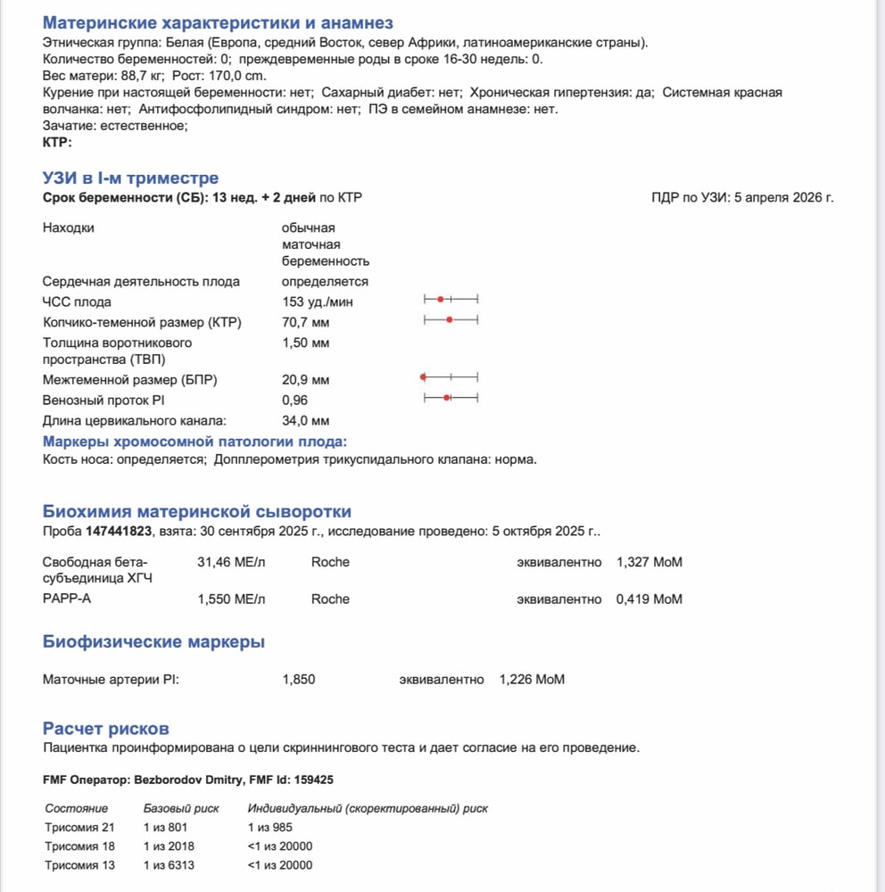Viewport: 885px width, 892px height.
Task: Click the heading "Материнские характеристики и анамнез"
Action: click(x=218, y=23)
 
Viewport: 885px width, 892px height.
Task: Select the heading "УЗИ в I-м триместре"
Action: click(x=130, y=178)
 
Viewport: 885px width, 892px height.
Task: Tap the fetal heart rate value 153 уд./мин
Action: click(x=312, y=301)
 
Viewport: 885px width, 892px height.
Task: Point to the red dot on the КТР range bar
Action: click(x=450, y=319)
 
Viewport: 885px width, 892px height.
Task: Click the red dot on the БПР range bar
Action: click(x=422, y=379)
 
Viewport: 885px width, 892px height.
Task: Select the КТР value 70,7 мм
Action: click(x=305, y=322)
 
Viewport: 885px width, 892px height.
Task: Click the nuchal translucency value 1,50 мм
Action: click(x=305, y=343)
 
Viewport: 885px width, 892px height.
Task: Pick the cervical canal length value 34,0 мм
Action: click(x=305, y=420)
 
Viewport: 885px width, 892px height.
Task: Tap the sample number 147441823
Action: click(x=119, y=532)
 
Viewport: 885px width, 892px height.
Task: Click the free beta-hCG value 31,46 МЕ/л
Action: click(x=230, y=562)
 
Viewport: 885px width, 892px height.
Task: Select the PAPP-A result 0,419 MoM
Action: click(x=649, y=599)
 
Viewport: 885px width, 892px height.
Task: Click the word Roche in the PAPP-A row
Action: click(x=330, y=599)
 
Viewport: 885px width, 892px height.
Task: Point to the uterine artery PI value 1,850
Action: click(x=298, y=680)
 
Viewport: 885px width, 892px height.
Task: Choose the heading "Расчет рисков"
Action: click(x=105, y=729)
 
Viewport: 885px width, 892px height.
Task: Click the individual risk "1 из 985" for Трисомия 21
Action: click(x=270, y=828)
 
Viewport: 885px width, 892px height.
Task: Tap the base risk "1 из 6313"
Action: click(x=169, y=865)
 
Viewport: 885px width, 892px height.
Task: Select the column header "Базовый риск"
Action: click(x=181, y=808)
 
